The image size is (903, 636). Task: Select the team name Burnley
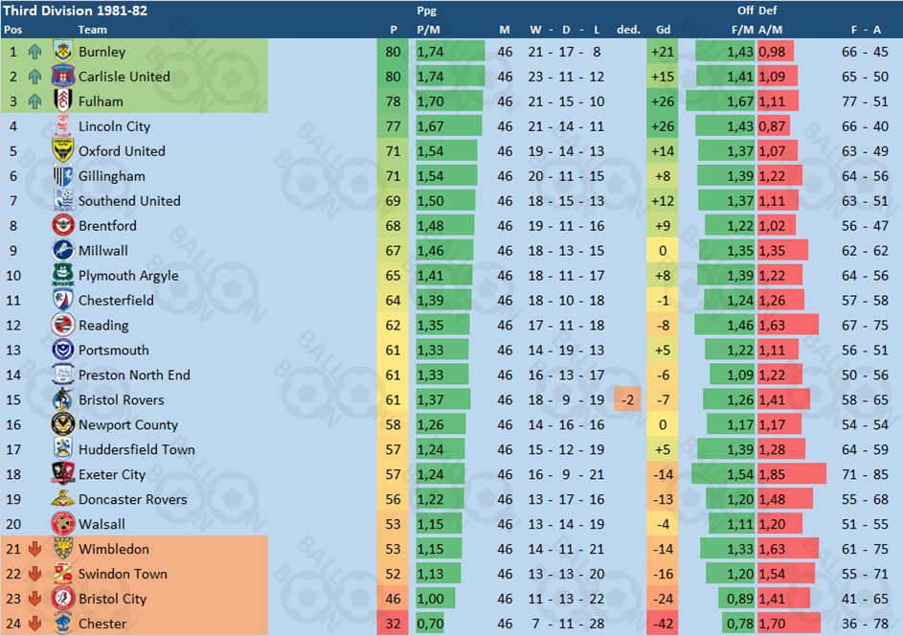click(x=102, y=52)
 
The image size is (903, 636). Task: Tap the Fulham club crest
click(x=63, y=102)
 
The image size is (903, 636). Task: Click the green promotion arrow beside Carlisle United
click(x=35, y=77)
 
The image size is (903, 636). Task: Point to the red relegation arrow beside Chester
click(x=35, y=625)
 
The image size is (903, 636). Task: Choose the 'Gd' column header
click(x=663, y=29)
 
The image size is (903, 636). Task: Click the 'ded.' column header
click(x=628, y=29)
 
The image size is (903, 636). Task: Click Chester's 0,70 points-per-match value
click(x=430, y=625)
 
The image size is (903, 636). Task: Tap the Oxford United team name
click(x=122, y=151)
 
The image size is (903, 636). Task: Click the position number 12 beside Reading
click(x=13, y=326)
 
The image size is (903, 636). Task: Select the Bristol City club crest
click(x=63, y=600)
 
